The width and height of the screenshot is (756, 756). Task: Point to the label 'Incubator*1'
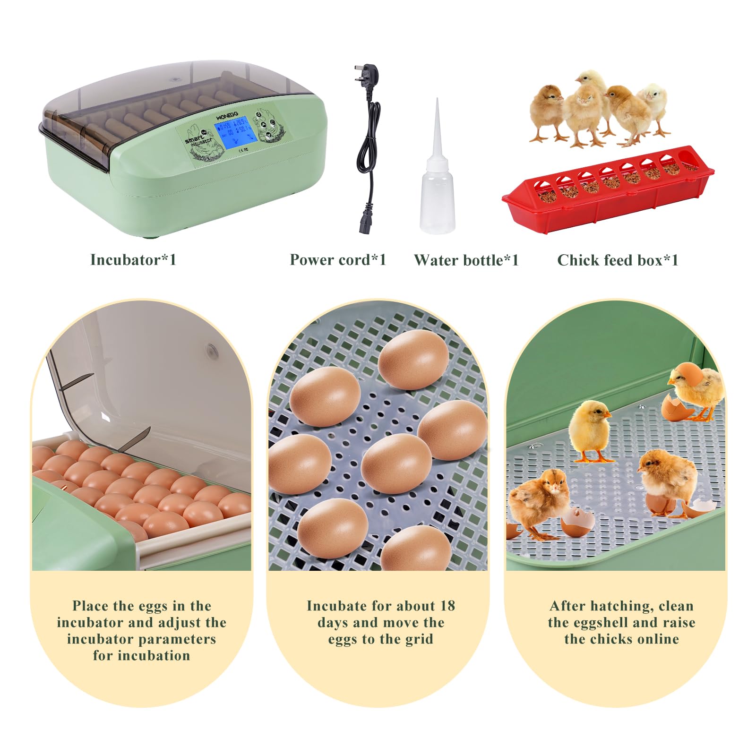(133, 260)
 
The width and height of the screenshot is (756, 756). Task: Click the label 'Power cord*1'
(338, 260)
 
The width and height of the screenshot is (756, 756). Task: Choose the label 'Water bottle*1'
(466, 260)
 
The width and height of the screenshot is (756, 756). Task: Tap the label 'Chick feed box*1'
(618, 260)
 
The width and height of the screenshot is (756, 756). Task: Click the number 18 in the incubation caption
(447, 606)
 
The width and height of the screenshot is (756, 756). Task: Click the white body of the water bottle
(438, 198)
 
